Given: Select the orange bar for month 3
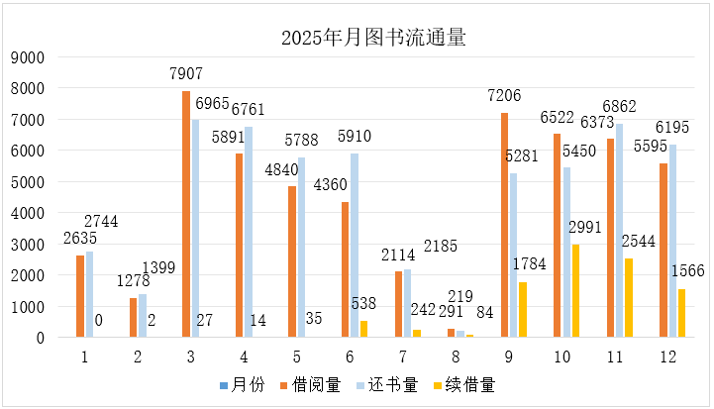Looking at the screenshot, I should [x=186, y=214].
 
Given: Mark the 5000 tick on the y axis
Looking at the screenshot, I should [x=32, y=182].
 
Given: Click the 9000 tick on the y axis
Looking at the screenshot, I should [x=32, y=57].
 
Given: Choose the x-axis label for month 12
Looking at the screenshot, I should [x=674, y=353].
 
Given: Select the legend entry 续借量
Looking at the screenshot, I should [x=483, y=382].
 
